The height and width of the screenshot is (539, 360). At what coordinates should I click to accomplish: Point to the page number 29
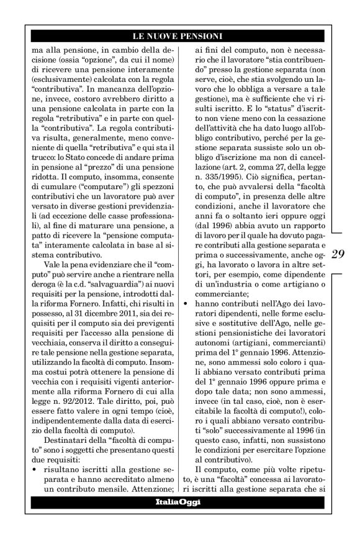click(339, 253)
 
